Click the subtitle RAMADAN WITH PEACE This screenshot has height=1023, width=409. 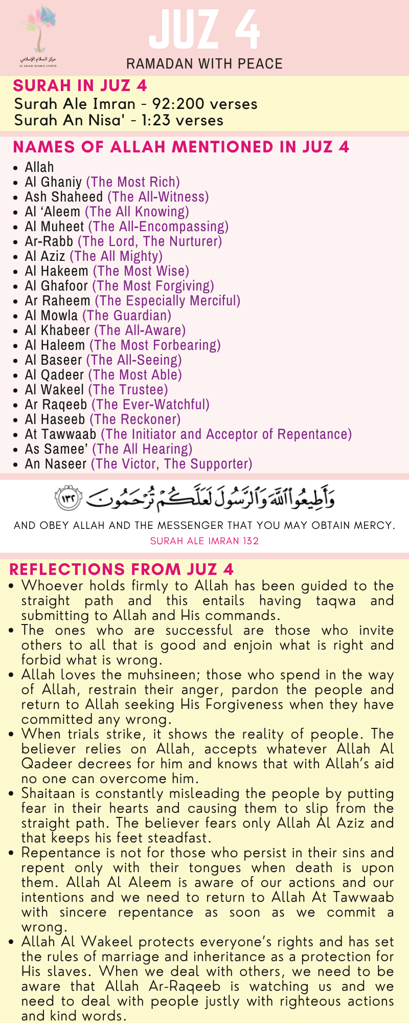click(x=204, y=64)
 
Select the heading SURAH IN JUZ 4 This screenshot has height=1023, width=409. click(x=80, y=85)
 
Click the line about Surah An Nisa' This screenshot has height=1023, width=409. click(x=119, y=120)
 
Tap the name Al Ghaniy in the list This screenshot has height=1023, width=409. click(x=53, y=182)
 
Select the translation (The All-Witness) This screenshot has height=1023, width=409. click(x=158, y=197)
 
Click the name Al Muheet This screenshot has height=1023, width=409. click(x=54, y=227)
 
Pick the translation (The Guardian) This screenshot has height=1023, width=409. click(x=127, y=316)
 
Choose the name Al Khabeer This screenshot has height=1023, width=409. click(x=57, y=330)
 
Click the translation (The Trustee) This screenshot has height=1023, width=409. click(x=128, y=390)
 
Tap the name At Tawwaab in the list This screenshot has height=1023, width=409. click(x=60, y=434)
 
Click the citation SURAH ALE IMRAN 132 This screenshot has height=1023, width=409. click(x=204, y=541)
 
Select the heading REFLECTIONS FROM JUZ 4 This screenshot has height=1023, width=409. click(x=122, y=569)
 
